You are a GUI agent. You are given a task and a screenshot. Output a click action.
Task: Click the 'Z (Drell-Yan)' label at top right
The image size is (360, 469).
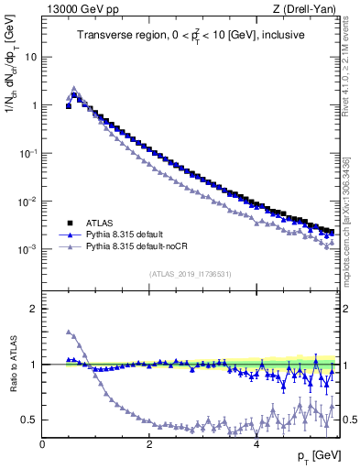tap(309, 9)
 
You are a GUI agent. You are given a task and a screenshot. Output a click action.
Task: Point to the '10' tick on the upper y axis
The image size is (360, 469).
tap(30, 57)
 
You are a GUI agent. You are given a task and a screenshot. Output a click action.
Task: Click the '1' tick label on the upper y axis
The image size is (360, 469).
tap(33, 105)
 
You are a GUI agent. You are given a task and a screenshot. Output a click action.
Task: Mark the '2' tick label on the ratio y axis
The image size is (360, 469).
tap(33, 309)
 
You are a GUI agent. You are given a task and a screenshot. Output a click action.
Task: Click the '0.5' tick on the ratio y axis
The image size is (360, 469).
tap(28, 420)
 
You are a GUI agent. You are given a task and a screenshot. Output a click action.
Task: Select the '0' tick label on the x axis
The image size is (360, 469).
tap(42, 444)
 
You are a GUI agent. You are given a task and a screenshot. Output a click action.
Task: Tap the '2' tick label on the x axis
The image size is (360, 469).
tap(148, 444)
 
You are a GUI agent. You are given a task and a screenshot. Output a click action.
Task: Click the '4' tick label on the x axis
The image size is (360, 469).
tap(256, 444)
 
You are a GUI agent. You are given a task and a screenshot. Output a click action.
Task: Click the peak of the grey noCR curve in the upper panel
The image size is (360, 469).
tap(74, 89)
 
